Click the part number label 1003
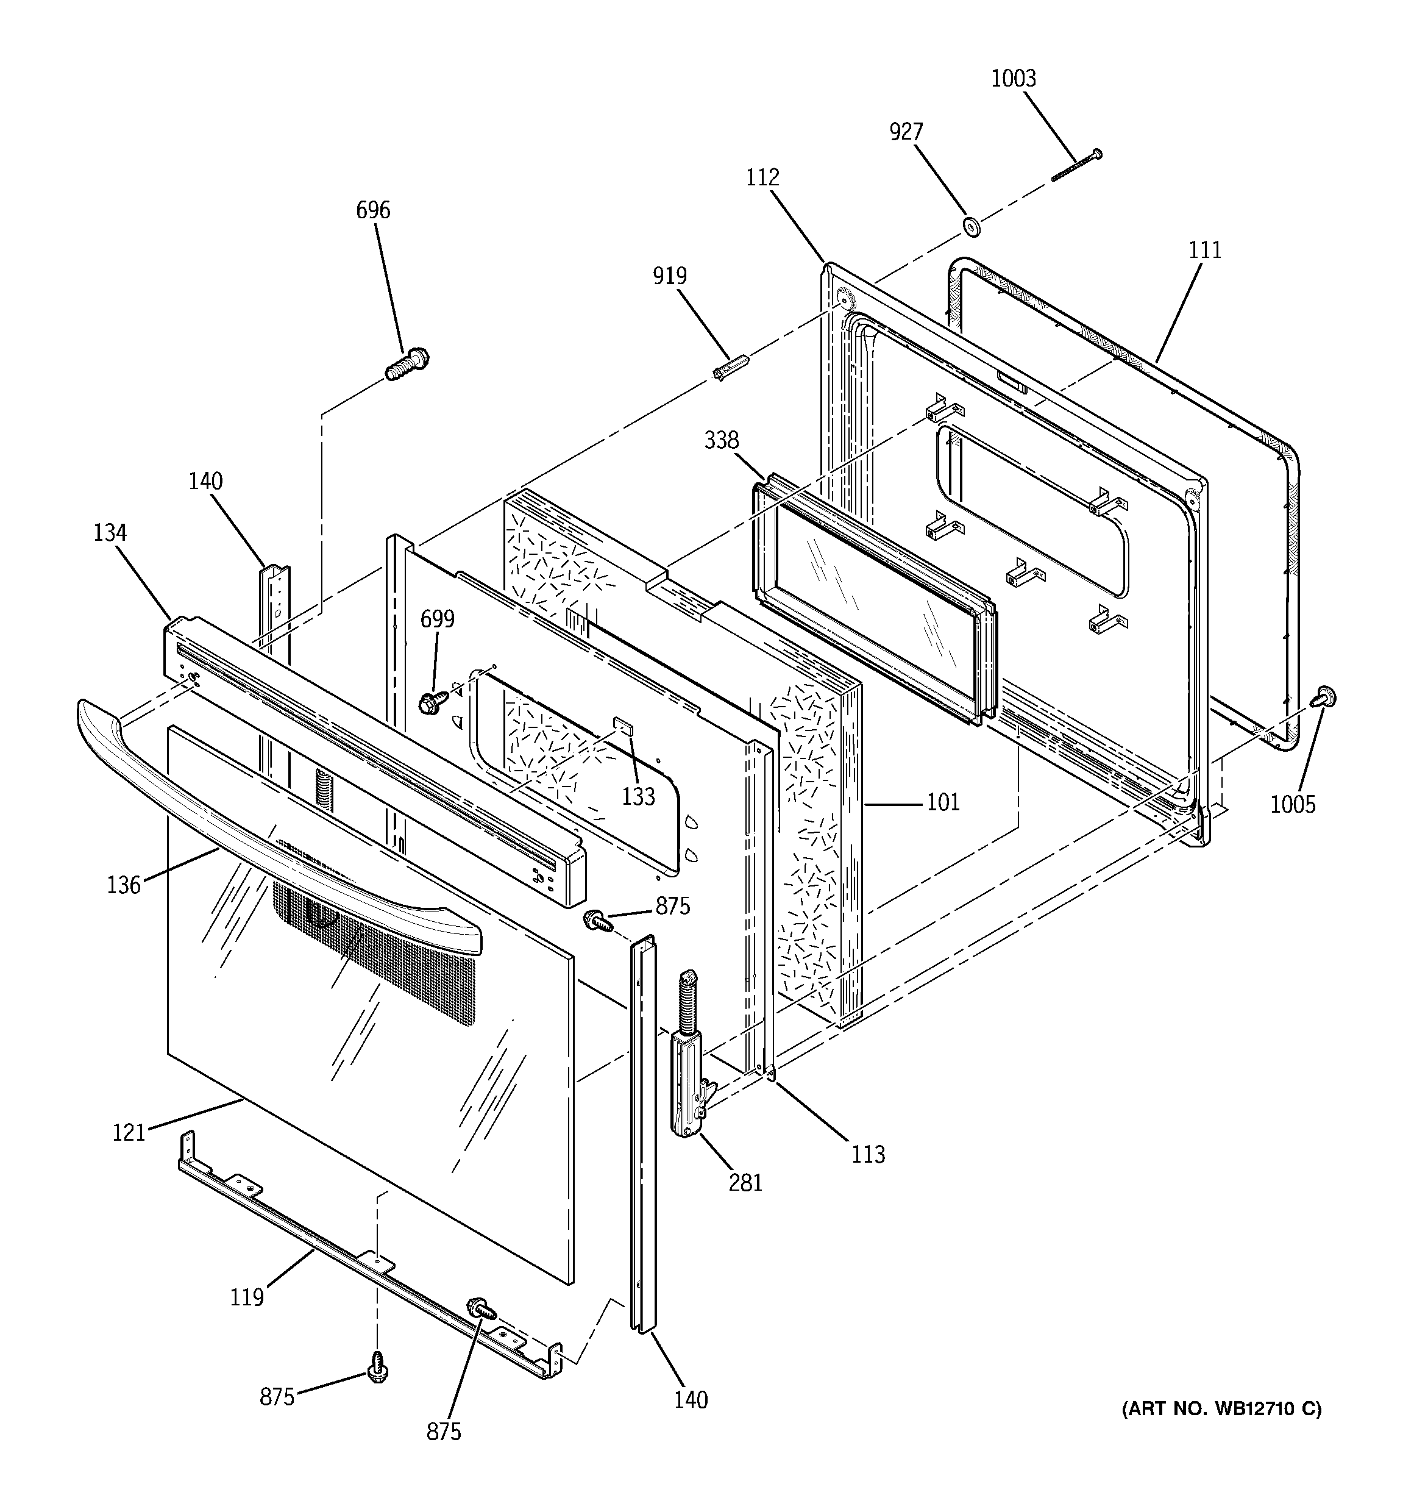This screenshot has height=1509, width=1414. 1013,78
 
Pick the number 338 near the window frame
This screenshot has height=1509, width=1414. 721,440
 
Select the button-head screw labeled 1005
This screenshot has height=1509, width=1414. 1325,697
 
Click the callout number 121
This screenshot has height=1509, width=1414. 128,1132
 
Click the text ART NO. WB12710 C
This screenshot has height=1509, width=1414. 1221,1410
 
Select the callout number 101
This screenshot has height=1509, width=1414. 943,802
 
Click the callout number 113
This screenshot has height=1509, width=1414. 867,1155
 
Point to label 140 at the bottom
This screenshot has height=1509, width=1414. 691,1400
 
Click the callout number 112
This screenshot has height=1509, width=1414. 762,177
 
